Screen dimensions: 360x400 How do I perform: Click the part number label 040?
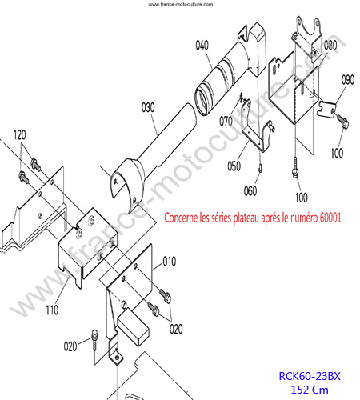(202, 45)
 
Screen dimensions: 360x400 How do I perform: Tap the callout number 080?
(330, 45)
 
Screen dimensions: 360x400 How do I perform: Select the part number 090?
(348, 79)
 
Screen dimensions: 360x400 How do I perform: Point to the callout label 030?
(148, 107)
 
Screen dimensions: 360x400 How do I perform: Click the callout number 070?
(226, 122)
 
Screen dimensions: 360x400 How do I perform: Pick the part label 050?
(234, 166)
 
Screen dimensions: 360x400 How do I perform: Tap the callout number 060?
(250, 190)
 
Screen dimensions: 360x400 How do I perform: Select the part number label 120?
(20, 135)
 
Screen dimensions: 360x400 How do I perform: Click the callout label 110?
(52, 310)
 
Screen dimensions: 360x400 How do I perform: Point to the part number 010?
(170, 262)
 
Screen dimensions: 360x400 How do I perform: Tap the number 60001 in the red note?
(330, 218)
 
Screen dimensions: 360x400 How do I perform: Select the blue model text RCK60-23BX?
(310, 376)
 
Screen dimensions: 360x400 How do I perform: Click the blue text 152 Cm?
(310, 390)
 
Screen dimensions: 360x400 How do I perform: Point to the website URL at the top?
(181, 4)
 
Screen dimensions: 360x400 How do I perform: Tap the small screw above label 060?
(261, 168)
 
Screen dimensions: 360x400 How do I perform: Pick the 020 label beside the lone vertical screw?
(70, 346)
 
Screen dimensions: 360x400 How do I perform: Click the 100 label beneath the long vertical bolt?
(302, 198)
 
